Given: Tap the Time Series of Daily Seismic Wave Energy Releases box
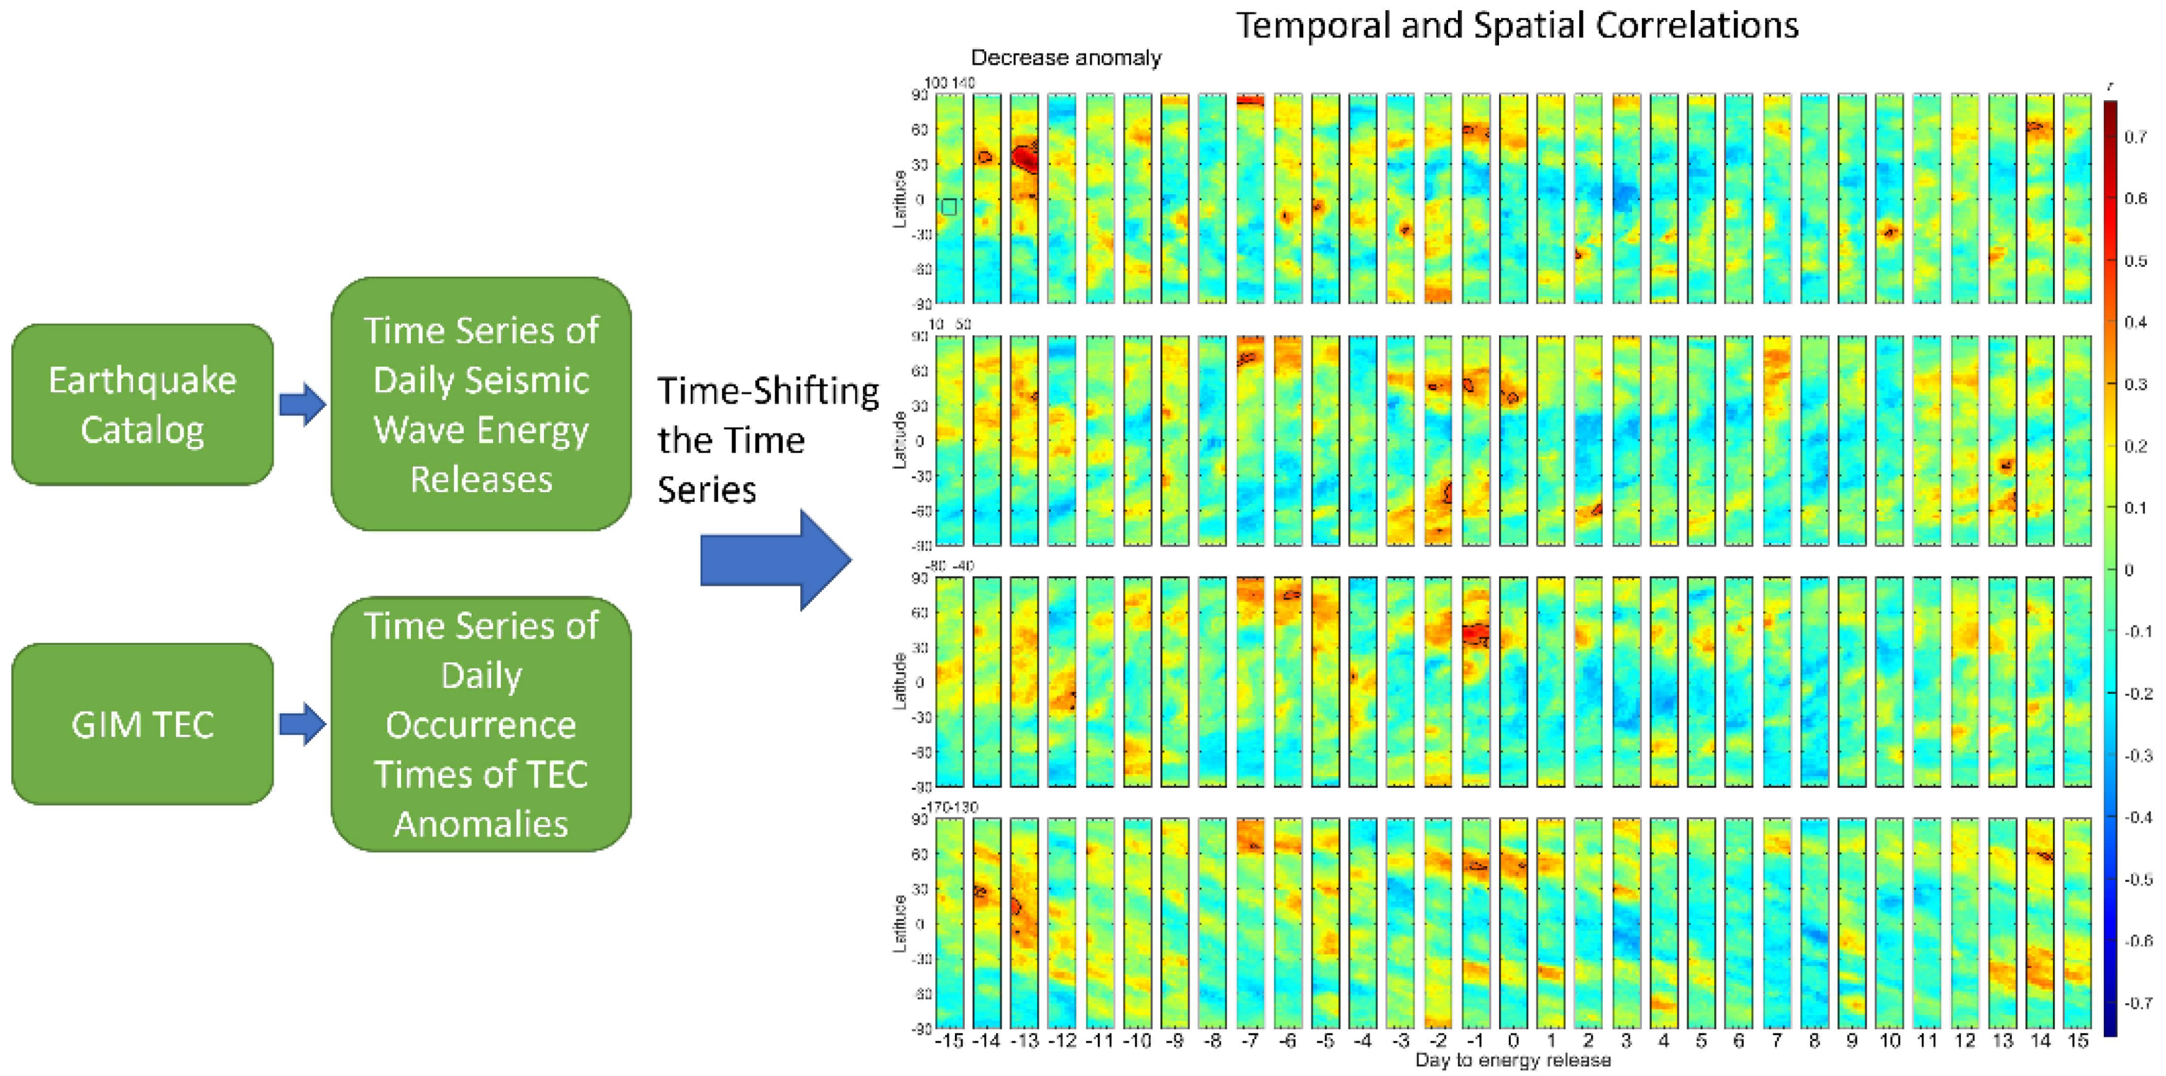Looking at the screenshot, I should tap(481, 405).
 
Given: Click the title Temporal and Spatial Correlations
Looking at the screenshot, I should tap(1516, 25).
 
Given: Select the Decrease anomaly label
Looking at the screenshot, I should tap(1065, 58).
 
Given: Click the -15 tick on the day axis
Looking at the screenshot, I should tap(950, 1041).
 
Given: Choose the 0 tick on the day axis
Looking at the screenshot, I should tap(1513, 1041).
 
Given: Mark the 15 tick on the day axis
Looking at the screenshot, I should tap(2078, 1041).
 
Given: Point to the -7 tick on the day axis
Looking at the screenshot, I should tap(1251, 1041).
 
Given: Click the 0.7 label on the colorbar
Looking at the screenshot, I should tap(2136, 137).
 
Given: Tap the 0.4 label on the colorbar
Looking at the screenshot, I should tap(2136, 322).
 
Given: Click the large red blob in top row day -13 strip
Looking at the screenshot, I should tap(1025, 158).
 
